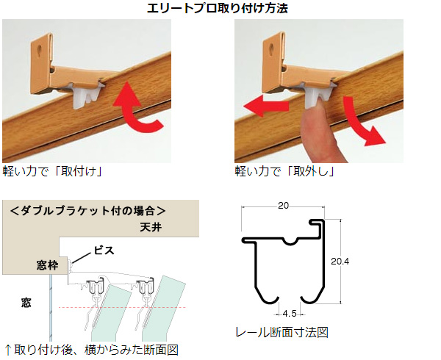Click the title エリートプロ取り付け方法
point(220,9)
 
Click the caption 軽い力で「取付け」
point(51,172)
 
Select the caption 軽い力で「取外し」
point(284,172)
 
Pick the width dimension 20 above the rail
point(284,206)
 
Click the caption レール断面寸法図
point(282,333)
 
